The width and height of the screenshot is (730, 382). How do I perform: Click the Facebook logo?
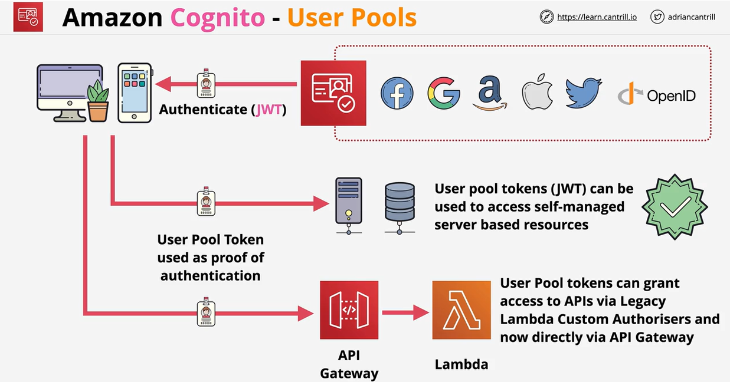pos(397,93)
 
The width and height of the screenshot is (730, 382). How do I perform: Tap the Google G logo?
pos(444,93)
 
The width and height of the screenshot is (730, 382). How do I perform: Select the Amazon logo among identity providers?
pos(490,94)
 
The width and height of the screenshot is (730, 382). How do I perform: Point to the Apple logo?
pos(537,93)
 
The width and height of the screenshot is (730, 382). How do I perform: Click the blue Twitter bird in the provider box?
pos(583,93)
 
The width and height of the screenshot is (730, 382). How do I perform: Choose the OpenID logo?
pos(657,95)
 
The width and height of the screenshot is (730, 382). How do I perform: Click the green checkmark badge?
pos(675,207)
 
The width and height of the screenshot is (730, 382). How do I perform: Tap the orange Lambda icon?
pos(461,310)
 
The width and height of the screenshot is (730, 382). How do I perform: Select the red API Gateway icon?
pos(349,310)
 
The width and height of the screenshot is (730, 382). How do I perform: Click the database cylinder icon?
pos(400,205)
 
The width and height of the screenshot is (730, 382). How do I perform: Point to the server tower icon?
pos(349,204)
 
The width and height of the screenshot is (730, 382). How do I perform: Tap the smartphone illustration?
pos(135,93)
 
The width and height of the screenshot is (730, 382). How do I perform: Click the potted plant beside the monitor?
pos(98,102)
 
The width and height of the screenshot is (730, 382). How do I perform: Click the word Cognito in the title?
pos(217,18)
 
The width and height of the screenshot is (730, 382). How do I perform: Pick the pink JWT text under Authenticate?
pos(269,110)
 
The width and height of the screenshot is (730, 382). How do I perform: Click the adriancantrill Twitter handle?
pos(691,17)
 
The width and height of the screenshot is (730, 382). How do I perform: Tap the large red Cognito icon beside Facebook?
pos(333,93)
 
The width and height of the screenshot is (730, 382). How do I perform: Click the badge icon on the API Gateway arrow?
pos(206,312)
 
